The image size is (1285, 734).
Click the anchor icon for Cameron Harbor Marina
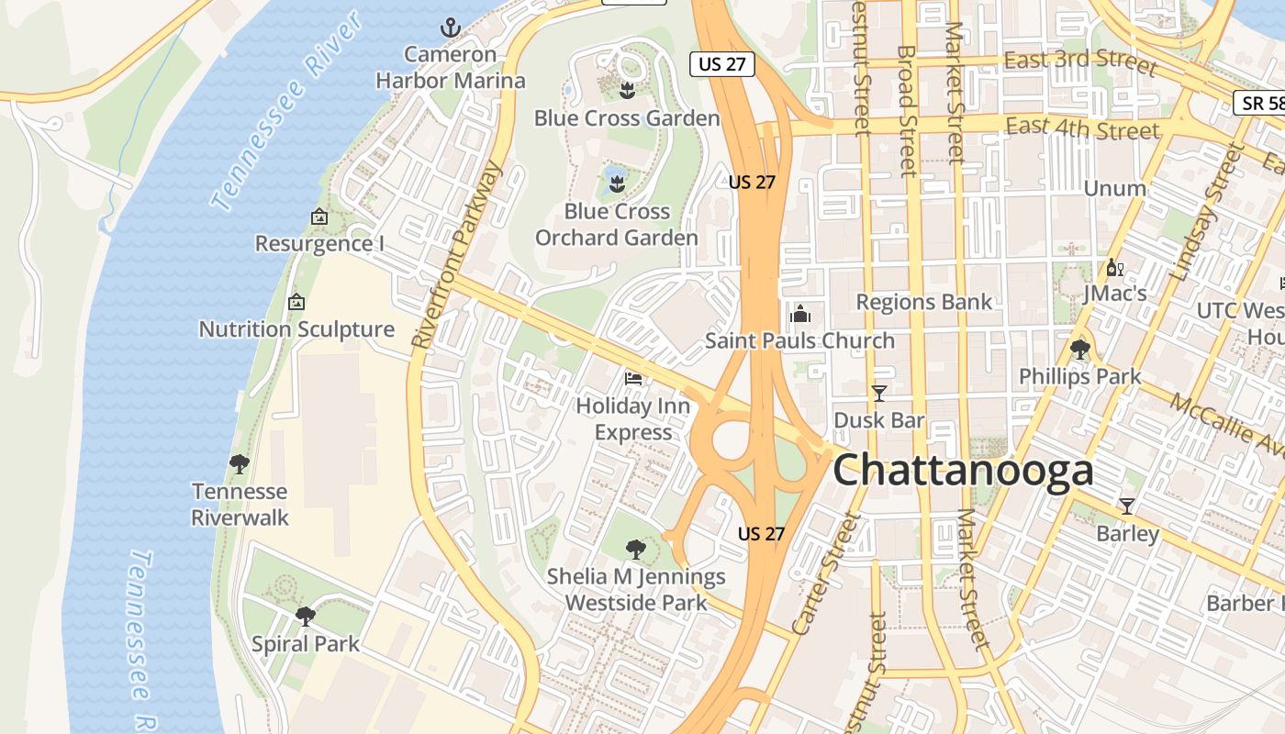coord(450,28)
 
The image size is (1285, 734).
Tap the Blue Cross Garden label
coord(627,118)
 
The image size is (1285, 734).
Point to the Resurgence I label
coord(319,244)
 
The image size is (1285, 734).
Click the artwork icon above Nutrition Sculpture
coord(296,301)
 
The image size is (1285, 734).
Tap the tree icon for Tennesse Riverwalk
coord(240,464)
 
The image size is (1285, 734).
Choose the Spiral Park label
coord(306,643)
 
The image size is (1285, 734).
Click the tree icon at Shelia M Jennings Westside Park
coord(634,550)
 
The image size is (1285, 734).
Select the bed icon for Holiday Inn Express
coord(633,377)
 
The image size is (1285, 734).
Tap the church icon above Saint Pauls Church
coord(800,314)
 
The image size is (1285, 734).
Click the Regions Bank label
coord(924,302)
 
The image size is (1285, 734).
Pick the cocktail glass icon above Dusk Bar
coord(879,394)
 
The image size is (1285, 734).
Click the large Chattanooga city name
coord(963,471)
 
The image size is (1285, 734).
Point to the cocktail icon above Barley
coord(1127,506)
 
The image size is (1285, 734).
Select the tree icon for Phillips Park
coord(1080,350)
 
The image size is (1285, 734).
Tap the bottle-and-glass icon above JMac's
coord(1115,268)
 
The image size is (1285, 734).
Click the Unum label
coord(1115,189)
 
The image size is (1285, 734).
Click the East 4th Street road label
coord(1082,128)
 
